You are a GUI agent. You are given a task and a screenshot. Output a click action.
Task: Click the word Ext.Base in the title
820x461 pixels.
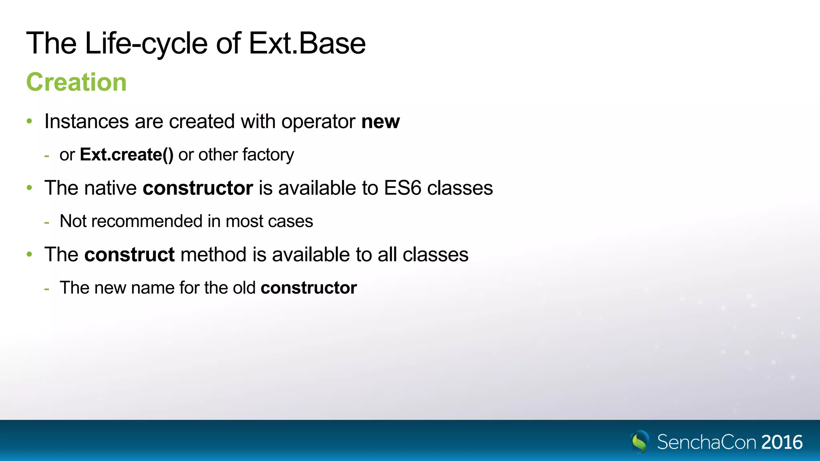point(307,43)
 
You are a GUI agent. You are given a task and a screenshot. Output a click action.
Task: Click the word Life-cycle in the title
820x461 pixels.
point(146,43)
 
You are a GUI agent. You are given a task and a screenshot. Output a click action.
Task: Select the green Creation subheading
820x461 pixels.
point(76,82)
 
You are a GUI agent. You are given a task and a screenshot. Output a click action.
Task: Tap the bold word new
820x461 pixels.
point(380,122)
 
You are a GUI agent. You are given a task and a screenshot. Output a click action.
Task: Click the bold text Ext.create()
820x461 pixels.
point(127,155)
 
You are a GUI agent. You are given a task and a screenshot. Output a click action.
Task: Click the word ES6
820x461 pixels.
point(402,188)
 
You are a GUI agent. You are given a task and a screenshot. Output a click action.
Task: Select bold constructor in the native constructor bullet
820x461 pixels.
point(198,188)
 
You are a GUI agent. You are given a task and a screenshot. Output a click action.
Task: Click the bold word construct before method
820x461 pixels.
point(129,255)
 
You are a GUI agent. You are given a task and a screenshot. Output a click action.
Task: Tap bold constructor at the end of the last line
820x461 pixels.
point(309,288)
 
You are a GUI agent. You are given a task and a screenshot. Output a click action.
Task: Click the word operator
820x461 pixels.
point(318,122)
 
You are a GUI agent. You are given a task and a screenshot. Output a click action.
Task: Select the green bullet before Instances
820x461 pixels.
point(29,121)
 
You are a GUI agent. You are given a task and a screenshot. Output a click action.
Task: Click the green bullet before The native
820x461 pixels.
point(29,188)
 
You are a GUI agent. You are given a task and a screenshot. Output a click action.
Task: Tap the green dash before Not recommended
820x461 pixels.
point(47,222)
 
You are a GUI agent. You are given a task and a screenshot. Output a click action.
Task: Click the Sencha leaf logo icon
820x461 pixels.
point(640,442)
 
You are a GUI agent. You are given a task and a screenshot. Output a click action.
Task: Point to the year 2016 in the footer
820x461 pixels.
point(782,442)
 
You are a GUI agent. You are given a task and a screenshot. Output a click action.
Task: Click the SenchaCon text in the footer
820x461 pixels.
point(707,442)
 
